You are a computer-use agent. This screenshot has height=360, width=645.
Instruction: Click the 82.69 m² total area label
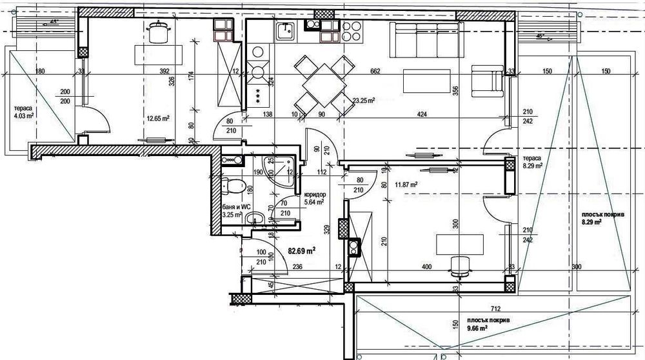click(302, 250)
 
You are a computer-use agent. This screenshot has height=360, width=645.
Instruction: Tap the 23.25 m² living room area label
click(364, 101)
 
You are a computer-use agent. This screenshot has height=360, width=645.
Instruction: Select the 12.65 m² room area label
click(157, 119)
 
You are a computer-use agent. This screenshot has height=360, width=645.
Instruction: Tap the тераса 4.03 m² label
click(23, 112)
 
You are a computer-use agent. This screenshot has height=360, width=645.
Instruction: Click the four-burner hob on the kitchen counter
click(352, 29)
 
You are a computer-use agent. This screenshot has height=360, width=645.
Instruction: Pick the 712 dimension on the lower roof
click(477, 308)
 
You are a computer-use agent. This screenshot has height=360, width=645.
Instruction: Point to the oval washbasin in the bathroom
click(256, 217)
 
